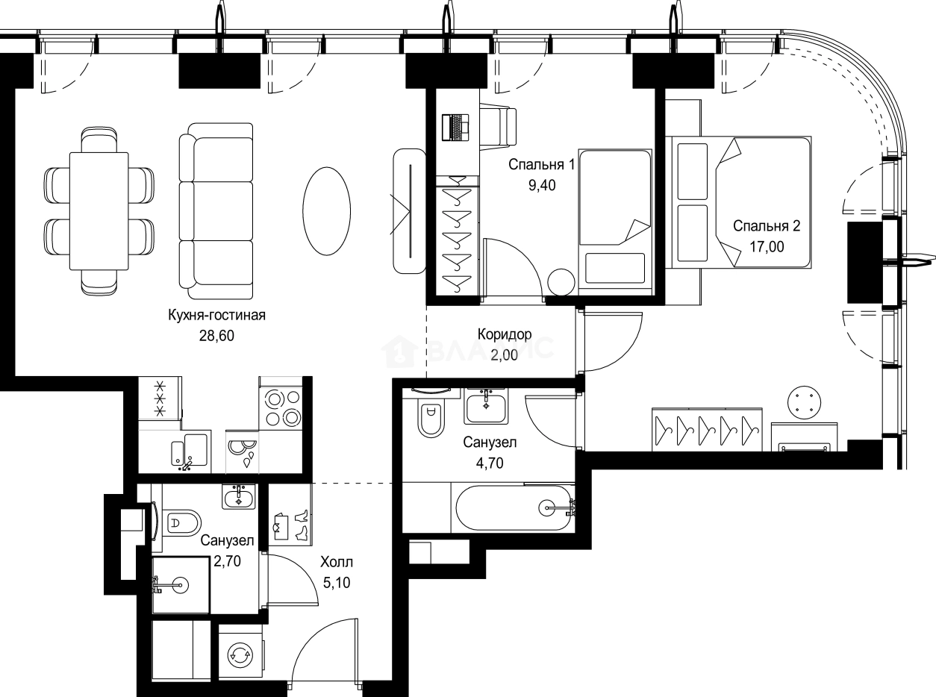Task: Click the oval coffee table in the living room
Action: [327, 211]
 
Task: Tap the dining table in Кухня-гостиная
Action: [99, 211]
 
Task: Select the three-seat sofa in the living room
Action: [216, 211]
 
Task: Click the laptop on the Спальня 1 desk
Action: [456, 127]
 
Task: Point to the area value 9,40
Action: [543, 185]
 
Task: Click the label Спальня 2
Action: [767, 226]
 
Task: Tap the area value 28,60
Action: [216, 336]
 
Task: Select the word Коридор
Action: [505, 334]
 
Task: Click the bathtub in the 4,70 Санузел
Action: [514, 508]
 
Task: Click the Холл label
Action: [337, 563]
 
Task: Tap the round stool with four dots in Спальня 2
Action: [805, 402]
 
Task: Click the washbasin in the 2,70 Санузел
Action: [239, 496]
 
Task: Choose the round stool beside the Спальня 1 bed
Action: [561, 282]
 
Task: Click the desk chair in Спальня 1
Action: [499, 128]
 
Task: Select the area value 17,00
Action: [767, 246]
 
